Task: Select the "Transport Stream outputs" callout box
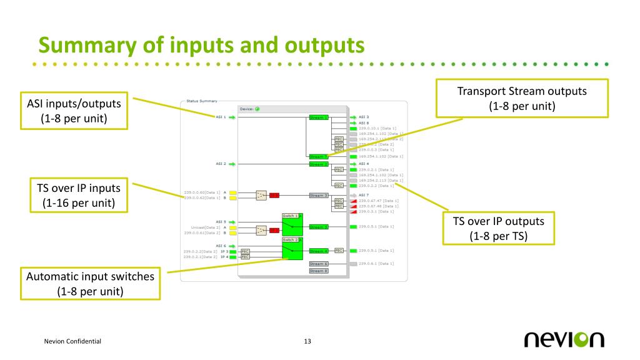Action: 521,97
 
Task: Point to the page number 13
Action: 307,341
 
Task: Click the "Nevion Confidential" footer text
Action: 73,341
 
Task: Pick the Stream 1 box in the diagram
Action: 319,117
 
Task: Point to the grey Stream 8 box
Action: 318,271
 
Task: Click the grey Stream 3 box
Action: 318,196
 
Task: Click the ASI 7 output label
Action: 364,195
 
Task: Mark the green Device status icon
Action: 257,109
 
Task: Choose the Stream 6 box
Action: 318,264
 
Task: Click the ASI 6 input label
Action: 221,245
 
